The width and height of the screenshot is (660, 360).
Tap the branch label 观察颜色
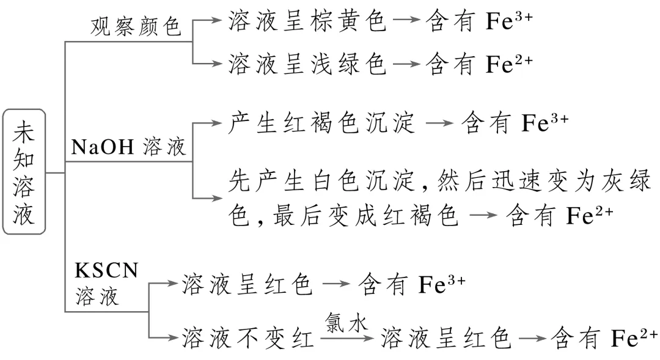[136, 26]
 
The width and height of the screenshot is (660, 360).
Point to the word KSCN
[107, 269]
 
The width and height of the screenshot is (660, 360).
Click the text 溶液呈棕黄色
[307, 22]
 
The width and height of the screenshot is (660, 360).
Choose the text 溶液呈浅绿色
[307, 63]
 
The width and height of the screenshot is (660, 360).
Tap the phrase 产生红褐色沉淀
[323, 122]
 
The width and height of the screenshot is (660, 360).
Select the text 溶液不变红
[247, 337]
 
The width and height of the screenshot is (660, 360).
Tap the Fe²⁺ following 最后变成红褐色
[589, 216]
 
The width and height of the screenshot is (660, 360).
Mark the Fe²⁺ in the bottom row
[634, 337]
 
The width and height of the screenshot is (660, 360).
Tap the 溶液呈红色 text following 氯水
[446, 337]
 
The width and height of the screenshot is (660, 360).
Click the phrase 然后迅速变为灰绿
[530, 181]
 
